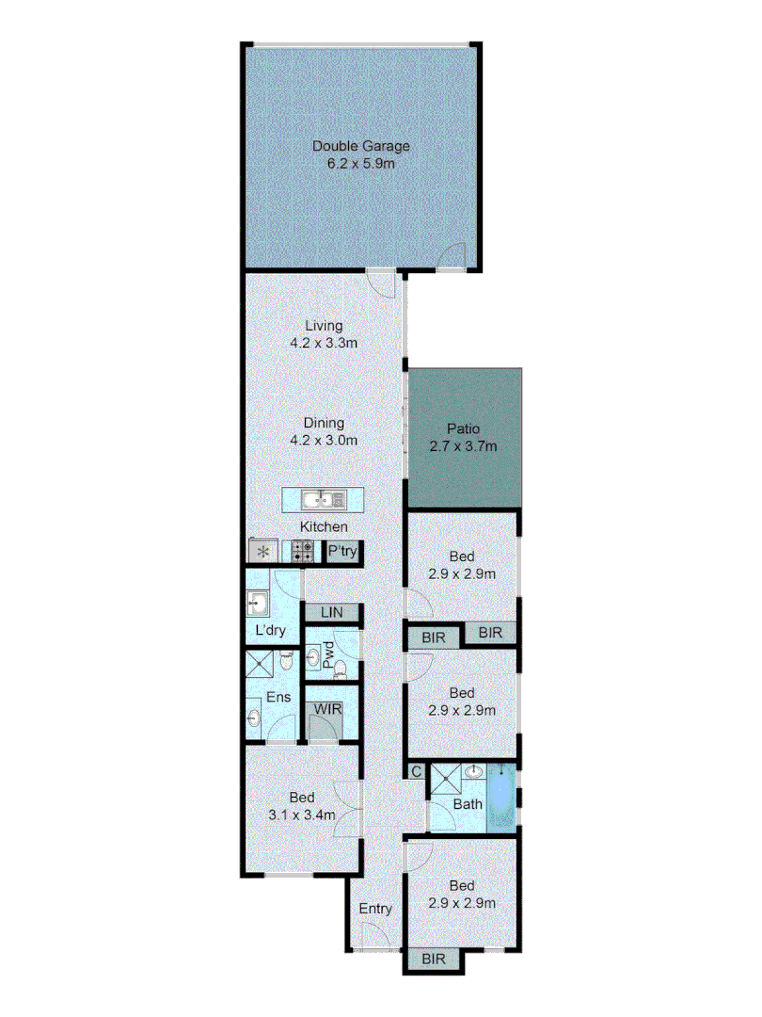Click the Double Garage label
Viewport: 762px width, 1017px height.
(x=362, y=146)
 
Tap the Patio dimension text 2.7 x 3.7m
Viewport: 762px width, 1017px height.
(x=464, y=446)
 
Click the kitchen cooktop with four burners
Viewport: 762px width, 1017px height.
(x=302, y=552)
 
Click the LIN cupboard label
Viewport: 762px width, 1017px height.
(x=332, y=613)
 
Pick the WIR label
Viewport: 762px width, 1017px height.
(x=327, y=707)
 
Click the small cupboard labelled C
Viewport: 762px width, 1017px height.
(x=416, y=772)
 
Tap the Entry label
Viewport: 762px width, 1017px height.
(x=375, y=909)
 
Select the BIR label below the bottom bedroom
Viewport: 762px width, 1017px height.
(x=434, y=960)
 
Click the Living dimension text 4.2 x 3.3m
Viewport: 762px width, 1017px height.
(x=324, y=344)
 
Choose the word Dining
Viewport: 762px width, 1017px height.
(x=324, y=423)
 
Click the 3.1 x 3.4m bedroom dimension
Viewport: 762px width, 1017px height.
(x=302, y=815)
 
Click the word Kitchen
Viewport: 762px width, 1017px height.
(x=324, y=527)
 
